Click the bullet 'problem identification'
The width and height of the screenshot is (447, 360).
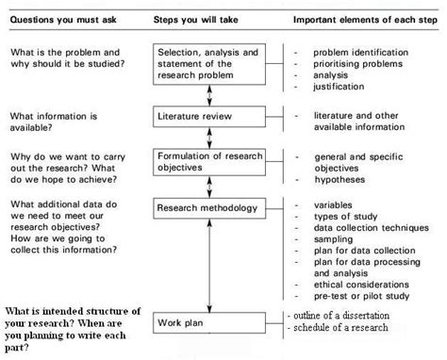pyautogui.click(x=364, y=51)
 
